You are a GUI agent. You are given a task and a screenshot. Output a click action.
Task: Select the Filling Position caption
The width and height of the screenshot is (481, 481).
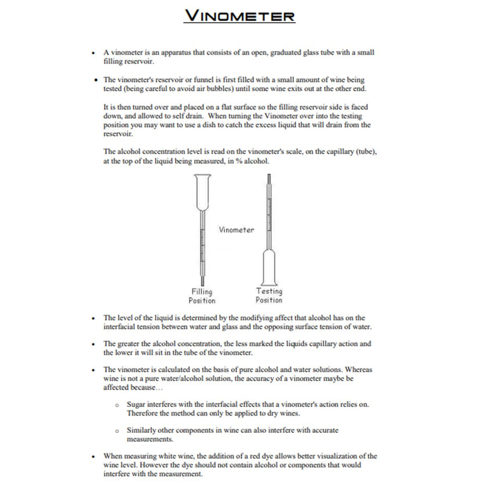pos(201,296)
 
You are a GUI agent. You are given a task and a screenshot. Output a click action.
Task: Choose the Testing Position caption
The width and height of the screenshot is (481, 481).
pos(269,295)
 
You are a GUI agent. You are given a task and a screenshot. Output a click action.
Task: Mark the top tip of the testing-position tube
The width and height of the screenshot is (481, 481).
pos(269,175)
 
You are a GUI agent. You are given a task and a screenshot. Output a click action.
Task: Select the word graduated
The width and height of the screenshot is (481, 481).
pos(274,53)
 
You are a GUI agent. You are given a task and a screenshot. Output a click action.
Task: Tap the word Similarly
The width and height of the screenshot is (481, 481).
pos(141,430)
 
